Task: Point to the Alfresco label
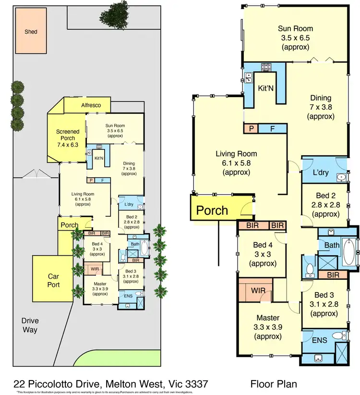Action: coord(90,105)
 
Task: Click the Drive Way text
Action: coord(29,325)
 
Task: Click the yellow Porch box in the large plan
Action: coord(212,210)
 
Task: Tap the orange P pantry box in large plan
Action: coord(251,128)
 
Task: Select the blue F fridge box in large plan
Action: coord(272,128)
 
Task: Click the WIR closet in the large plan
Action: coord(254,291)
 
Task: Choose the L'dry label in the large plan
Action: coord(320,172)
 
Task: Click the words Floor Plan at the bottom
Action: coord(274,383)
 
